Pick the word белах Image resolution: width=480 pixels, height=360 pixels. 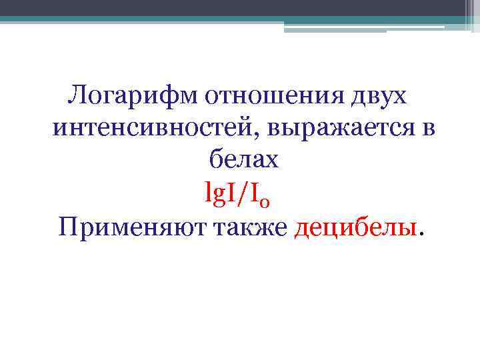[x=241, y=161]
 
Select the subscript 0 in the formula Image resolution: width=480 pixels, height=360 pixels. [x=272, y=201]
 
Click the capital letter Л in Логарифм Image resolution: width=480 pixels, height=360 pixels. [x=77, y=96]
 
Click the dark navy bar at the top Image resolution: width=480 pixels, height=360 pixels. [x=240, y=7]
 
